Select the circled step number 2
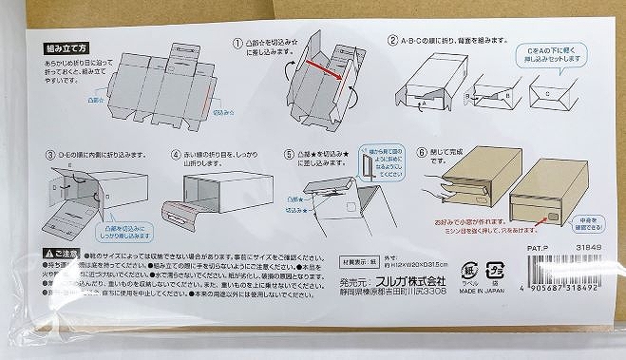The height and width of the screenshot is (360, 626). click(392, 42)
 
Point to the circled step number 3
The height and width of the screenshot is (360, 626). click(51, 155)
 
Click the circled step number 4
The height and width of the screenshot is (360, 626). click(177, 154)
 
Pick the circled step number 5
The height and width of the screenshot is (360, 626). click(289, 154)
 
